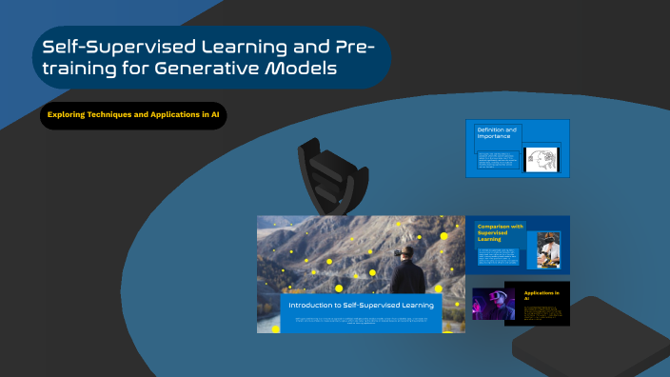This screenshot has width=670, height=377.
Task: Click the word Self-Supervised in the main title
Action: point(105,47)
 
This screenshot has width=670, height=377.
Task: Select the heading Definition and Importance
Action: point(497,132)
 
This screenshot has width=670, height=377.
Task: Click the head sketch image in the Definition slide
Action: point(542,159)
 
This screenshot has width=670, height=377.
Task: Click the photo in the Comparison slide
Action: point(548,249)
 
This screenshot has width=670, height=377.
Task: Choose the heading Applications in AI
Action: point(539,295)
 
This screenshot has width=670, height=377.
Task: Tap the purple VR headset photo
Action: point(493,304)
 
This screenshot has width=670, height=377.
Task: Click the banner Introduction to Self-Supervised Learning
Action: point(362,305)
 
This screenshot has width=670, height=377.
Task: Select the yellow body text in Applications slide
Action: point(542,313)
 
